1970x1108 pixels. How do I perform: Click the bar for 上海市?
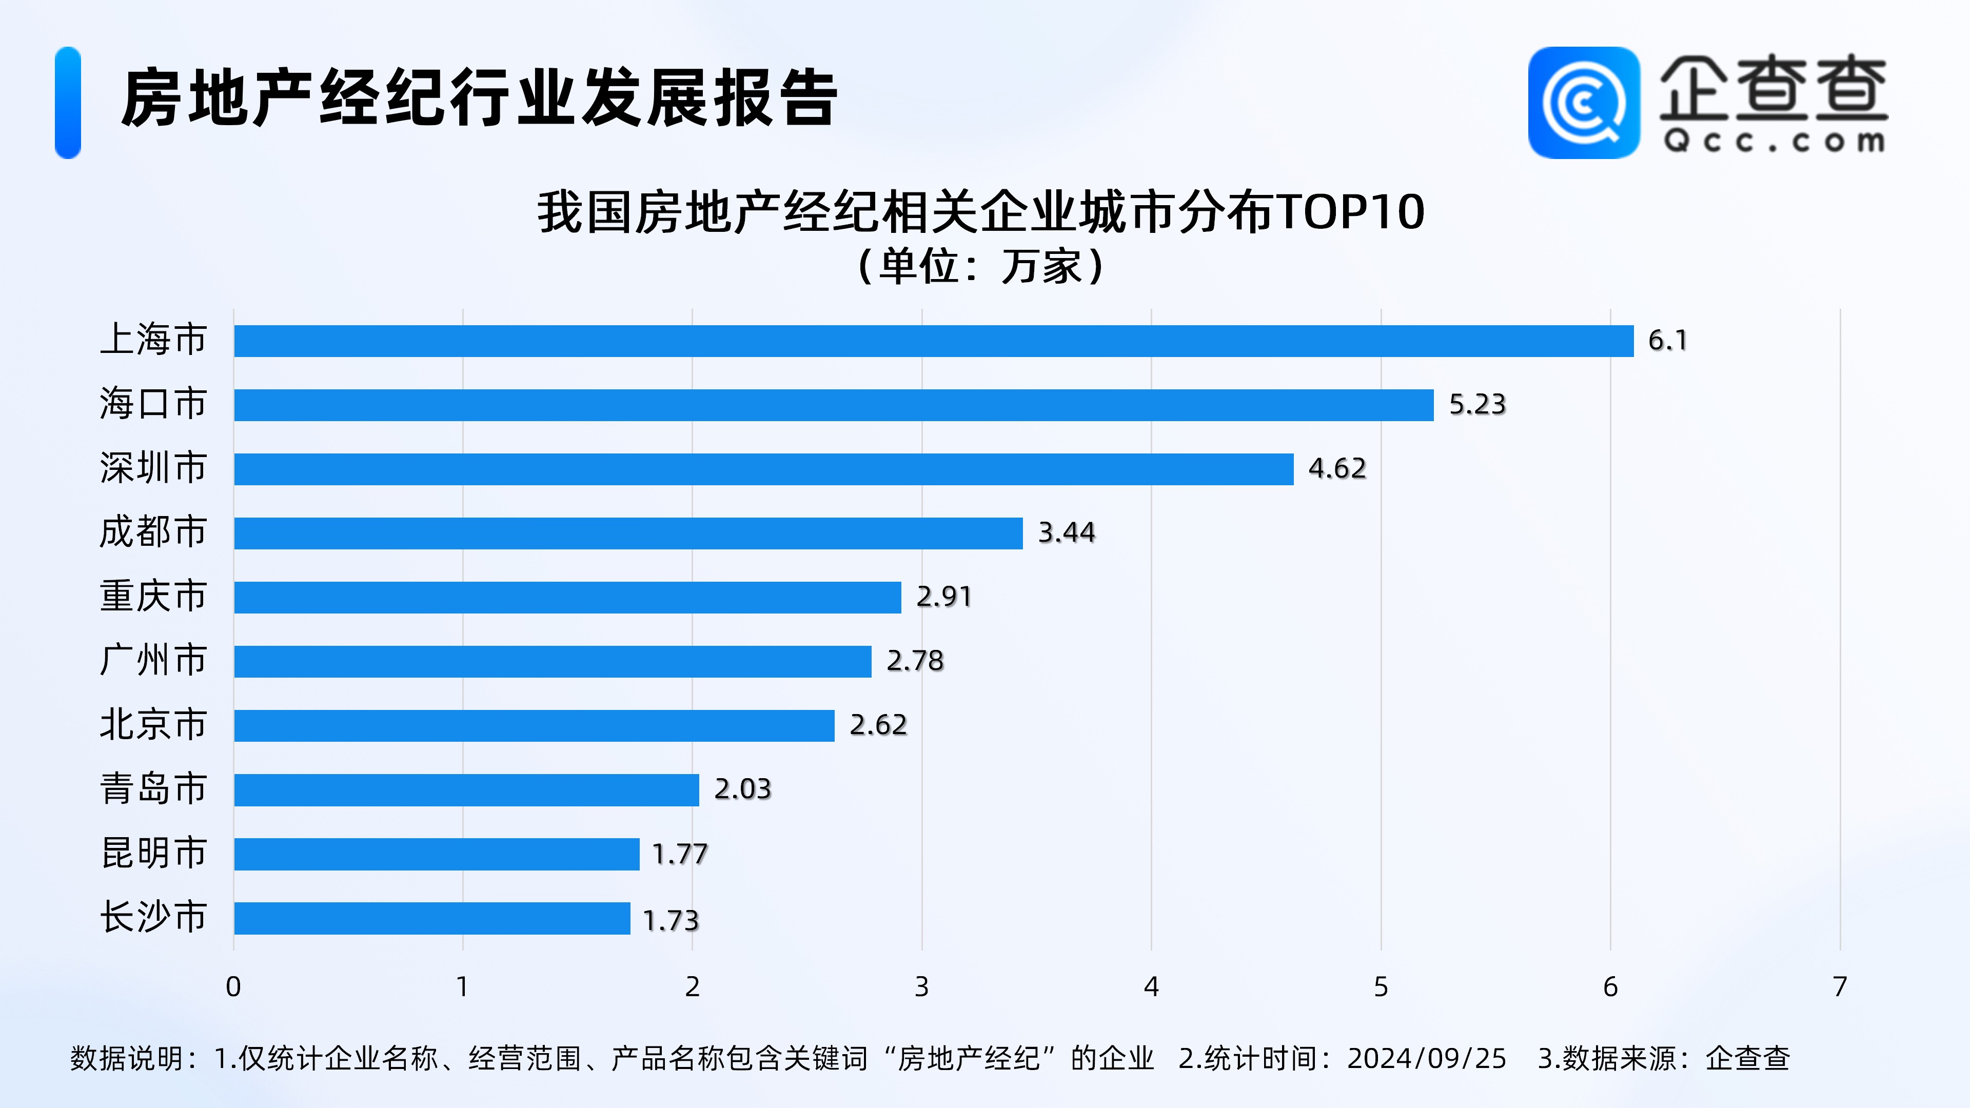pos(933,341)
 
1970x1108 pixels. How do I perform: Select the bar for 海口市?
pos(834,405)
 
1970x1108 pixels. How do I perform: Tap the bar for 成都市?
pos(628,533)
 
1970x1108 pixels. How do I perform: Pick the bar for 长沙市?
pos(432,918)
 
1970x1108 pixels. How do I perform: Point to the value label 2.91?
pos(944,597)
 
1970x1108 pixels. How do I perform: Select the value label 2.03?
pos(742,789)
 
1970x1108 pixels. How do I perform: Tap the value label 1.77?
pos(679,854)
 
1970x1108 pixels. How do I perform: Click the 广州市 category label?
pos(153,661)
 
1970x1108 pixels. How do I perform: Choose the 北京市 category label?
pos(153,725)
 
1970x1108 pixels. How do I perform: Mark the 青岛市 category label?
pos(153,789)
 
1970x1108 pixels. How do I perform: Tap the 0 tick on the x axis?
pos(233,987)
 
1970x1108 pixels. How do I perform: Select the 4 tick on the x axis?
pos(1151,987)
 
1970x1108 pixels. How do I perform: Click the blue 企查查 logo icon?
pos(1583,103)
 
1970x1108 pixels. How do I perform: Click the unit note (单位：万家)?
pos(982,267)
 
